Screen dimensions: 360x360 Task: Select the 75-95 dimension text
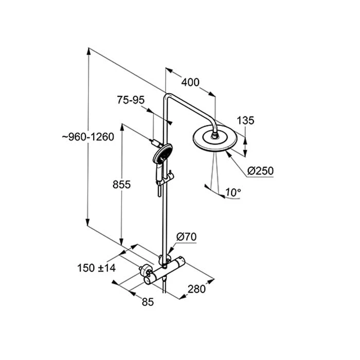click(x=130, y=100)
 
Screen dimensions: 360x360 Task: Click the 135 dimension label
click(x=245, y=120)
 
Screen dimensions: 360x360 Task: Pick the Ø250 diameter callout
click(x=260, y=171)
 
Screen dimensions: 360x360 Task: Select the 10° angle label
click(x=232, y=193)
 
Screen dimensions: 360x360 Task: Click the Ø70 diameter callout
click(x=186, y=237)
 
